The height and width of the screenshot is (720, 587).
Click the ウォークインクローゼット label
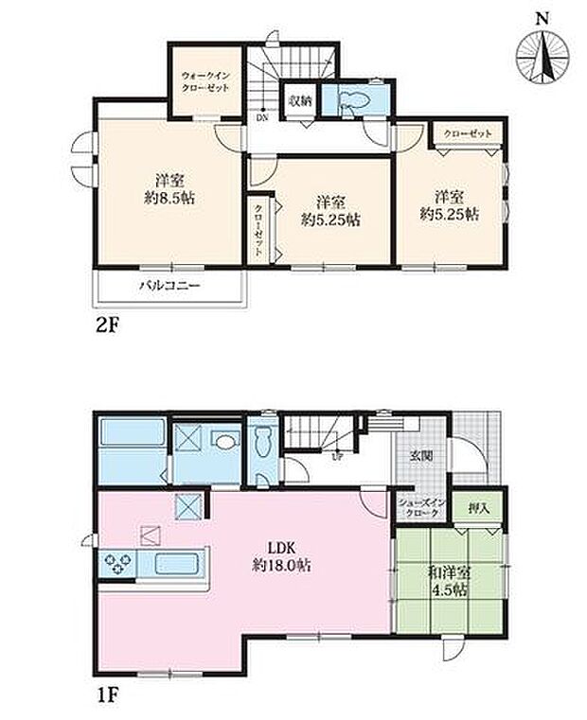205,80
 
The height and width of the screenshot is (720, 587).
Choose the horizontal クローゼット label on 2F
467,133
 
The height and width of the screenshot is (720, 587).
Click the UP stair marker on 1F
336,456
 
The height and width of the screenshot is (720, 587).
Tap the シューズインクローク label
418,508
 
